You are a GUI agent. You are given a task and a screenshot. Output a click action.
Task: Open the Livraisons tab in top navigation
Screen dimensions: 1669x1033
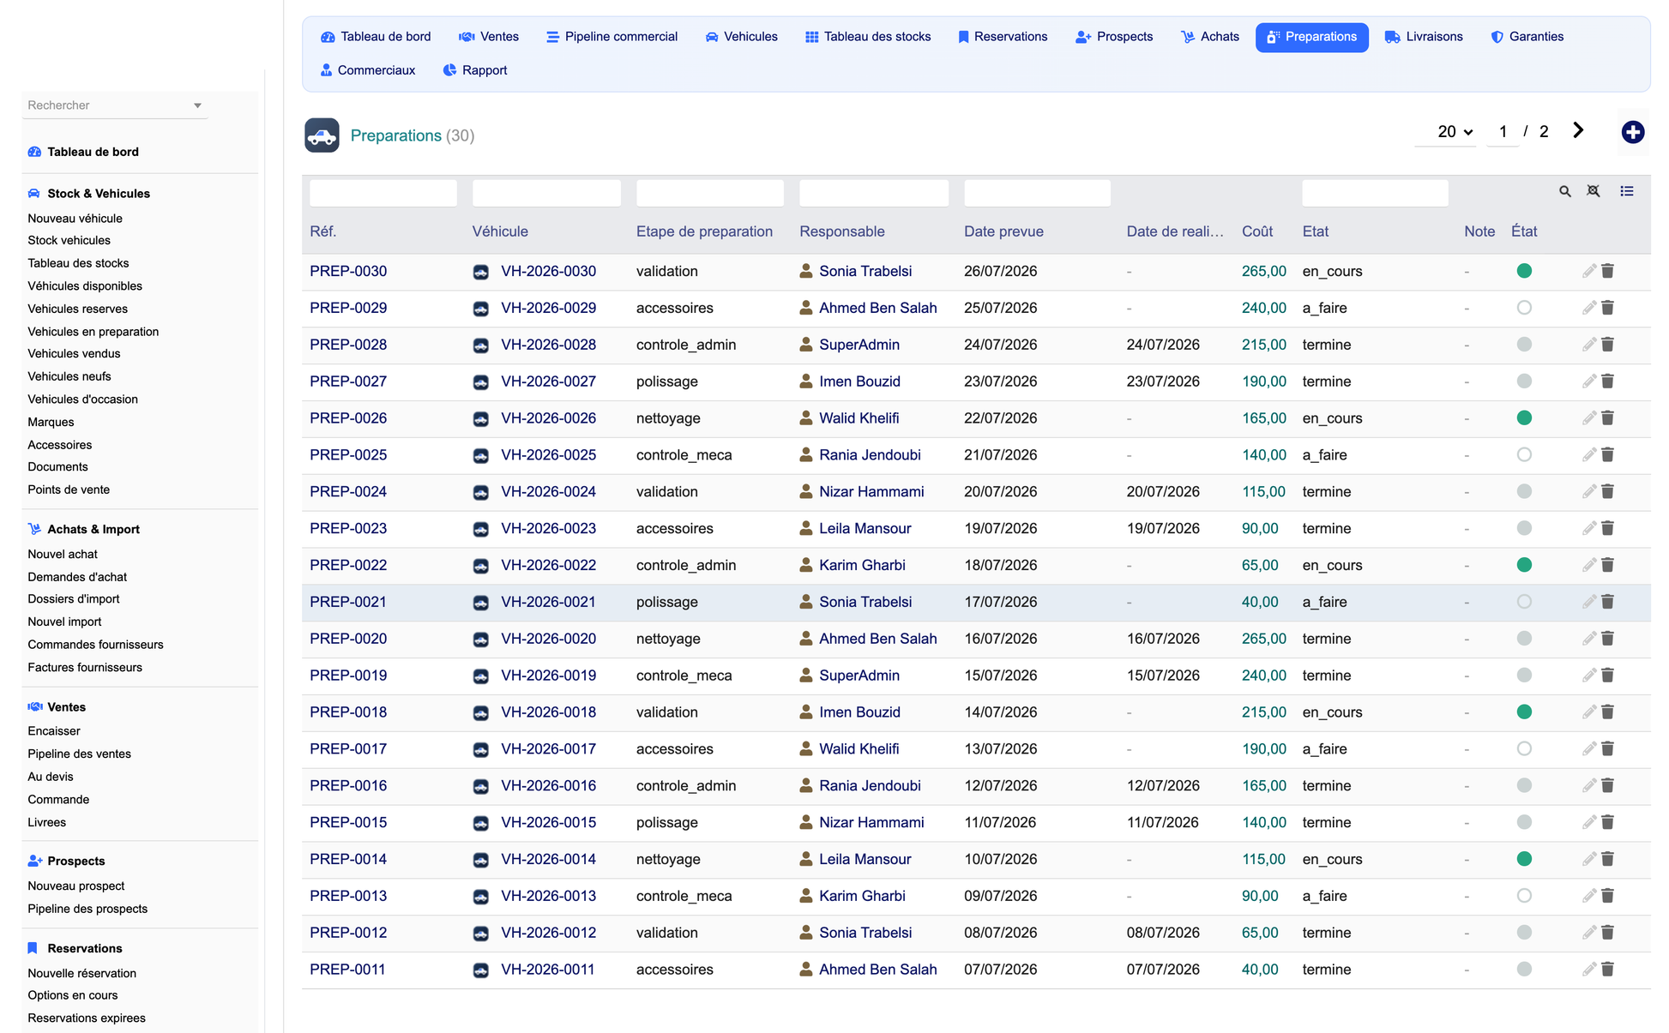point(1424,37)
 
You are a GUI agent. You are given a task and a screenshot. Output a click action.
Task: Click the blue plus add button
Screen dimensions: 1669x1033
point(1633,132)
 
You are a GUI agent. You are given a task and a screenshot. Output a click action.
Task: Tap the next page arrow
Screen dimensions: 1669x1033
point(1578,130)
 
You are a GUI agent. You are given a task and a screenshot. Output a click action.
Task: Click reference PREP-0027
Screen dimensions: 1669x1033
point(348,381)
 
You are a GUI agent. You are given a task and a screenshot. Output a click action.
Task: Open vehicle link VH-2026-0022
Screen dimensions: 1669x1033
point(548,566)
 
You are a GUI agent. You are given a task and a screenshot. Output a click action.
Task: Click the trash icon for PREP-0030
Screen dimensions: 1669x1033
point(1608,271)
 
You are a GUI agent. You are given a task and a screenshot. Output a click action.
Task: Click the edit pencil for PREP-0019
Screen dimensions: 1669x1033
point(1589,676)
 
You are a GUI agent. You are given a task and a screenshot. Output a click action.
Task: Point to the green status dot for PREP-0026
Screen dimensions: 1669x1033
point(1524,418)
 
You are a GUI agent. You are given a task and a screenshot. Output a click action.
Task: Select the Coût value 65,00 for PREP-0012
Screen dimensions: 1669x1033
point(1260,933)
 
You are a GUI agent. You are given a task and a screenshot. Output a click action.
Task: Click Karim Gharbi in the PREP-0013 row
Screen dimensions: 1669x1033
point(862,896)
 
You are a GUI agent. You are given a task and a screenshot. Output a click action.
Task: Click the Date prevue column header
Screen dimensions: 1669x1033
point(1003,231)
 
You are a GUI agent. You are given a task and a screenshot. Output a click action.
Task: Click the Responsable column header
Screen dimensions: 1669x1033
point(842,231)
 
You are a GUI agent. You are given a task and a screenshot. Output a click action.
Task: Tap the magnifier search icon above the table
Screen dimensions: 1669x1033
point(1565,191)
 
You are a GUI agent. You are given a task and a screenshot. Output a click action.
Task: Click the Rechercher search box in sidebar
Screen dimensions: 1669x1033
point(114,105)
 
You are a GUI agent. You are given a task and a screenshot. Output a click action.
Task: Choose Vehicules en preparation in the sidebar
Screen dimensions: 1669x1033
point(93,332)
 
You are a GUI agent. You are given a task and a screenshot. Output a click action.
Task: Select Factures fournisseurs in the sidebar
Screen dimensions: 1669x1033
point(85,668)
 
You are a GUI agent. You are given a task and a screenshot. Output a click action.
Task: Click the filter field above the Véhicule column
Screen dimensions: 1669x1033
point(546,193)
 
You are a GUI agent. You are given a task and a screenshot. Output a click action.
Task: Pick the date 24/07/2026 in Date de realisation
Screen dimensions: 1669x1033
point(1163,345)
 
